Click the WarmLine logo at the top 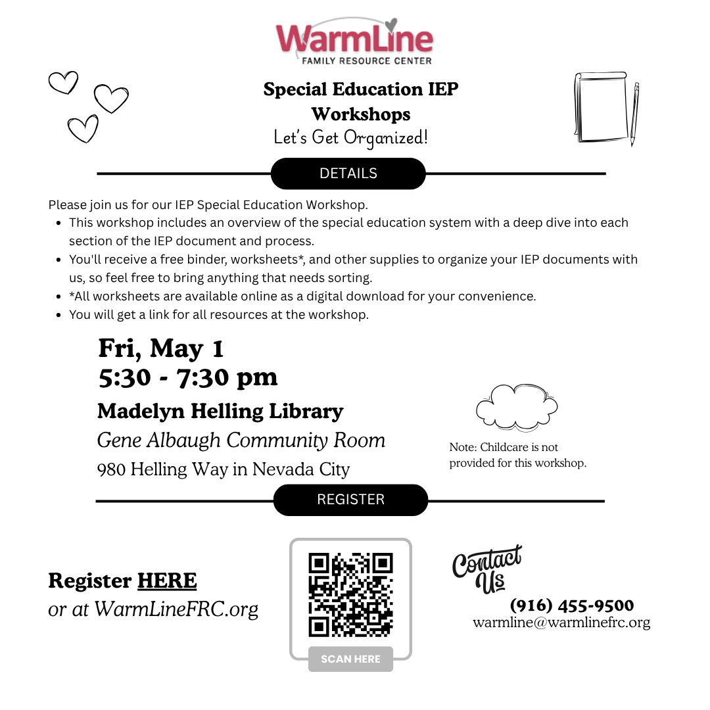click(x=354, y=41)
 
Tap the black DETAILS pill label click(x=348, y=174)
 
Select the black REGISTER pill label click(x=350, y=500)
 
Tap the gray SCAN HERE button click(x=350, y=659)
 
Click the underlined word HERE click(x=167, y=581)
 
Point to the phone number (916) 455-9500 click(x=572, y=605)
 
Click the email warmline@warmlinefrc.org click(x=561, y=623)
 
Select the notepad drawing click(x=601, y=106)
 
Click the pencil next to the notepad click(x=634, y=113)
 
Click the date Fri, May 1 click(x=161, y=348)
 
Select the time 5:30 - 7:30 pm click(x=188, y=377)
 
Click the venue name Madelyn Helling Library click(x=220, y=412)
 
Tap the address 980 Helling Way click(x=224, y=469)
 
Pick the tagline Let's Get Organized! click(x=350, y=138)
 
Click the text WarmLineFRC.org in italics click(x=176, y=609)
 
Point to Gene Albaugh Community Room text click(x=241, y=440)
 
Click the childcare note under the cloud click(x=517, y=455)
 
